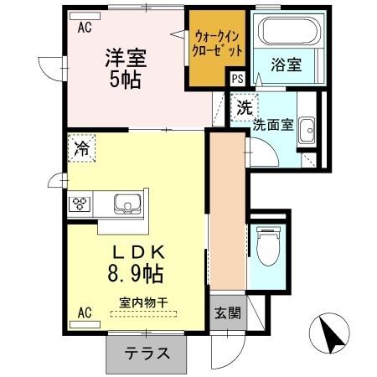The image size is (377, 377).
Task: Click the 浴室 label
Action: [287, 64]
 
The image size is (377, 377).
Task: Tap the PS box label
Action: [238, 78]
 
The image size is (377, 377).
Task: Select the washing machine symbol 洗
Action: [243, 108]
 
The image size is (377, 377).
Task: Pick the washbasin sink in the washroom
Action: [307, 130]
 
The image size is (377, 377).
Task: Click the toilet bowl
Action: [268, 245]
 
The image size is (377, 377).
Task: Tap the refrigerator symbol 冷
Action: [82, 149]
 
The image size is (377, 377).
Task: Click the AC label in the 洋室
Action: [85, 26]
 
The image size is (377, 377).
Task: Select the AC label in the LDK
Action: [85, 313]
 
